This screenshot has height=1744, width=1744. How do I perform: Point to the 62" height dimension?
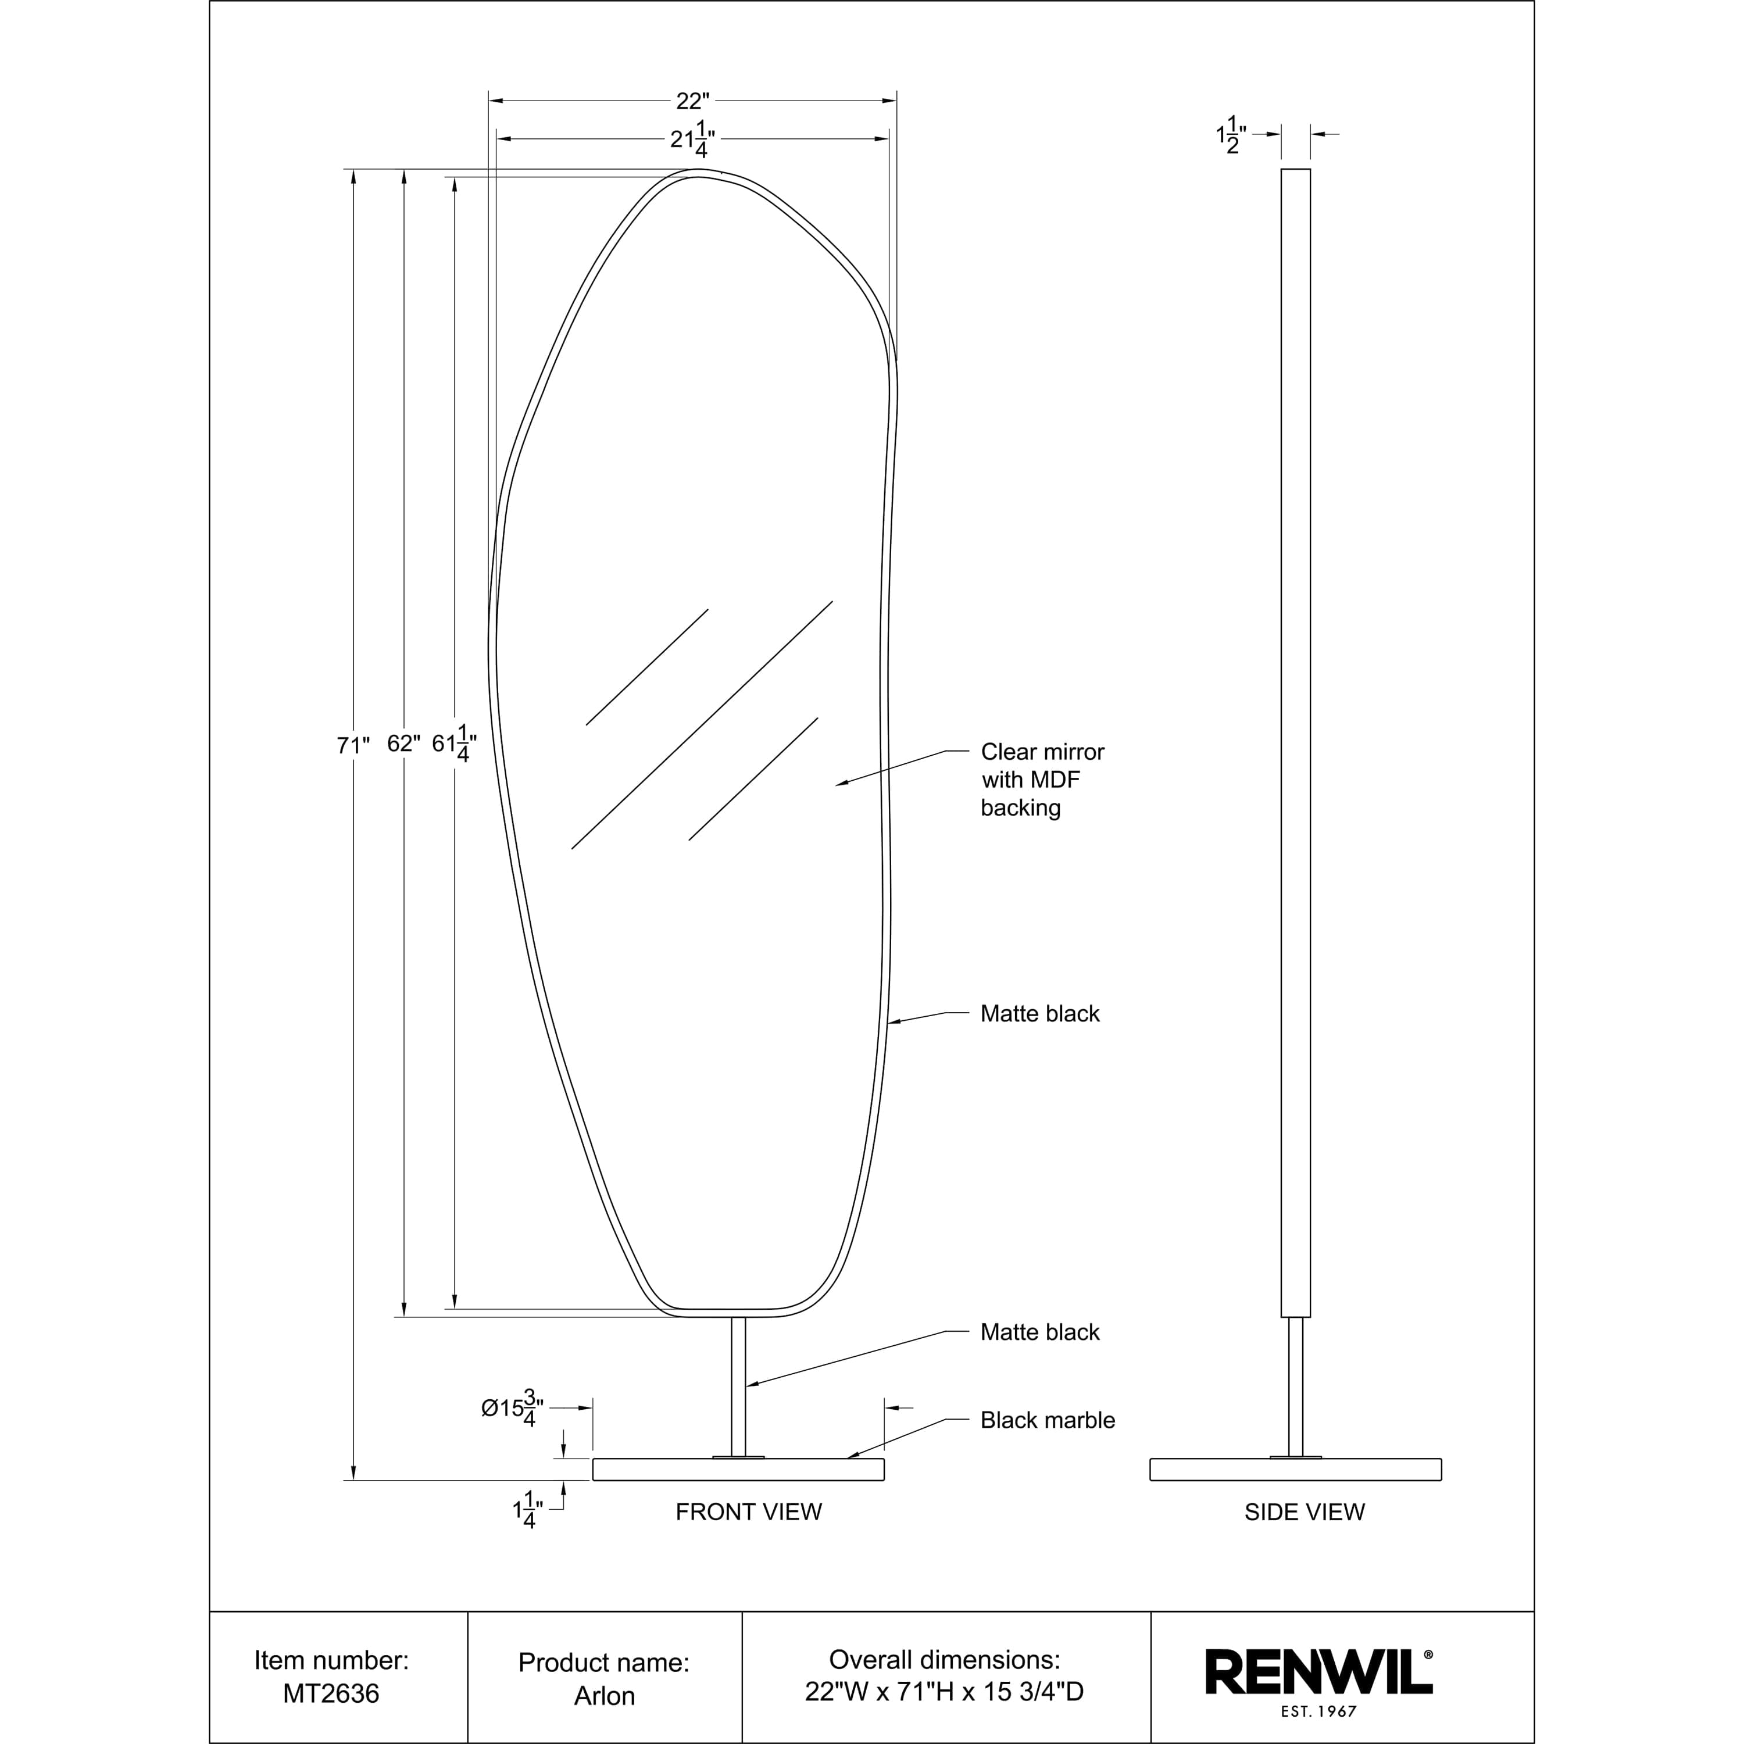(x=403, y=743)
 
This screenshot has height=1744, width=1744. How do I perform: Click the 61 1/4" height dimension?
(x=454, y=744)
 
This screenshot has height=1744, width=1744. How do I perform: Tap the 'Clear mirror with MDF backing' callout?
(x=1042, y=780)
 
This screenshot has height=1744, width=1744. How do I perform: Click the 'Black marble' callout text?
(x=1047, y=1420)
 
